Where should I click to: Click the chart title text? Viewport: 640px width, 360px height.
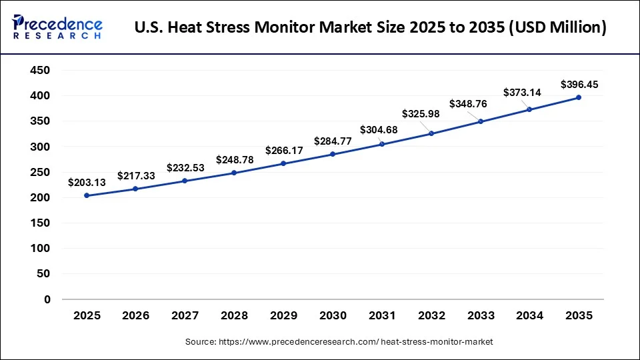pos(370,28)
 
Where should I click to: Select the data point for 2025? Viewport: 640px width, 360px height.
pos(86,195)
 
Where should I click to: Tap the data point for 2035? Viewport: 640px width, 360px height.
pos(579,97)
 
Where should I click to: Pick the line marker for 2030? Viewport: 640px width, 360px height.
pos(333,154)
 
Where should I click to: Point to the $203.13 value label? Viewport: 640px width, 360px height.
pos(87,182)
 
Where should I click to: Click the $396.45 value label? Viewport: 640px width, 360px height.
pos(579,84)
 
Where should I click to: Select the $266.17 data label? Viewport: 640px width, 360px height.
pos(284,150)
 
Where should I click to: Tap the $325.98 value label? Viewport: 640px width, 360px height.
pos(421,113)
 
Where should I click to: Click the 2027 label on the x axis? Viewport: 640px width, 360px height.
pos(185,315)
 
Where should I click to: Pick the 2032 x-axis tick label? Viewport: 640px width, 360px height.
pos(431,315)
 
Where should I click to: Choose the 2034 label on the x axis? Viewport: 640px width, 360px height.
pos(529,315)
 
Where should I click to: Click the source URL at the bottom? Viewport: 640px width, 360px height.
pos(339,342)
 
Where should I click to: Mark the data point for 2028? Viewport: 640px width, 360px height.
pos(234,173)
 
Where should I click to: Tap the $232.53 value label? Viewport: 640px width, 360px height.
pos(185,167)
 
